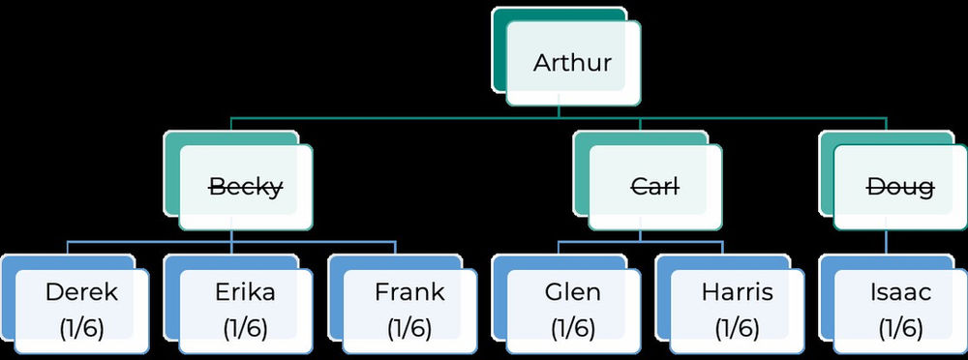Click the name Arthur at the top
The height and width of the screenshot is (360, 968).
[572, 64]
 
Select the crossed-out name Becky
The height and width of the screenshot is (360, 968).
[246, 187]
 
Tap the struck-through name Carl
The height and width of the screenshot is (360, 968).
[654, 187]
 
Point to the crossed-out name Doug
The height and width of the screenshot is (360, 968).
[900, 187]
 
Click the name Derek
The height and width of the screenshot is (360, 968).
[81, 292]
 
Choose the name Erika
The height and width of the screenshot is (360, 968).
[245, 292]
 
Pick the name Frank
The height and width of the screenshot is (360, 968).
[409, 292]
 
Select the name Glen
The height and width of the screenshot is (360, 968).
[573, 292]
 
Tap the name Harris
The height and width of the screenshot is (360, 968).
[737, 292]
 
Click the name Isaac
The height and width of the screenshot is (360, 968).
[900, 292]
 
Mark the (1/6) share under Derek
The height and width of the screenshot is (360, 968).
[81, 327]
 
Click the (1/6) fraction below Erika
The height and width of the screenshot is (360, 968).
[245, 327]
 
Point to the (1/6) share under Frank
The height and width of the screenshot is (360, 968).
[409, 327]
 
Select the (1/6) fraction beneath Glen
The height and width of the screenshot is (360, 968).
[573, 327]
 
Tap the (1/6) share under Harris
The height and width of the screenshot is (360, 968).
[737, 327]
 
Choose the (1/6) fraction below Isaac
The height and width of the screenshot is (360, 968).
[900, 327]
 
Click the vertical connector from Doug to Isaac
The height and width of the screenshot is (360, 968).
[887, 242]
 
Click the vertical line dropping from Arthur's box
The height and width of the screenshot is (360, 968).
[559, 111]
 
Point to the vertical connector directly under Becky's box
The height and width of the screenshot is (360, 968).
[232, 235]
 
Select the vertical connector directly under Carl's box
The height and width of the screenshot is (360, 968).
[641, 235]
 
